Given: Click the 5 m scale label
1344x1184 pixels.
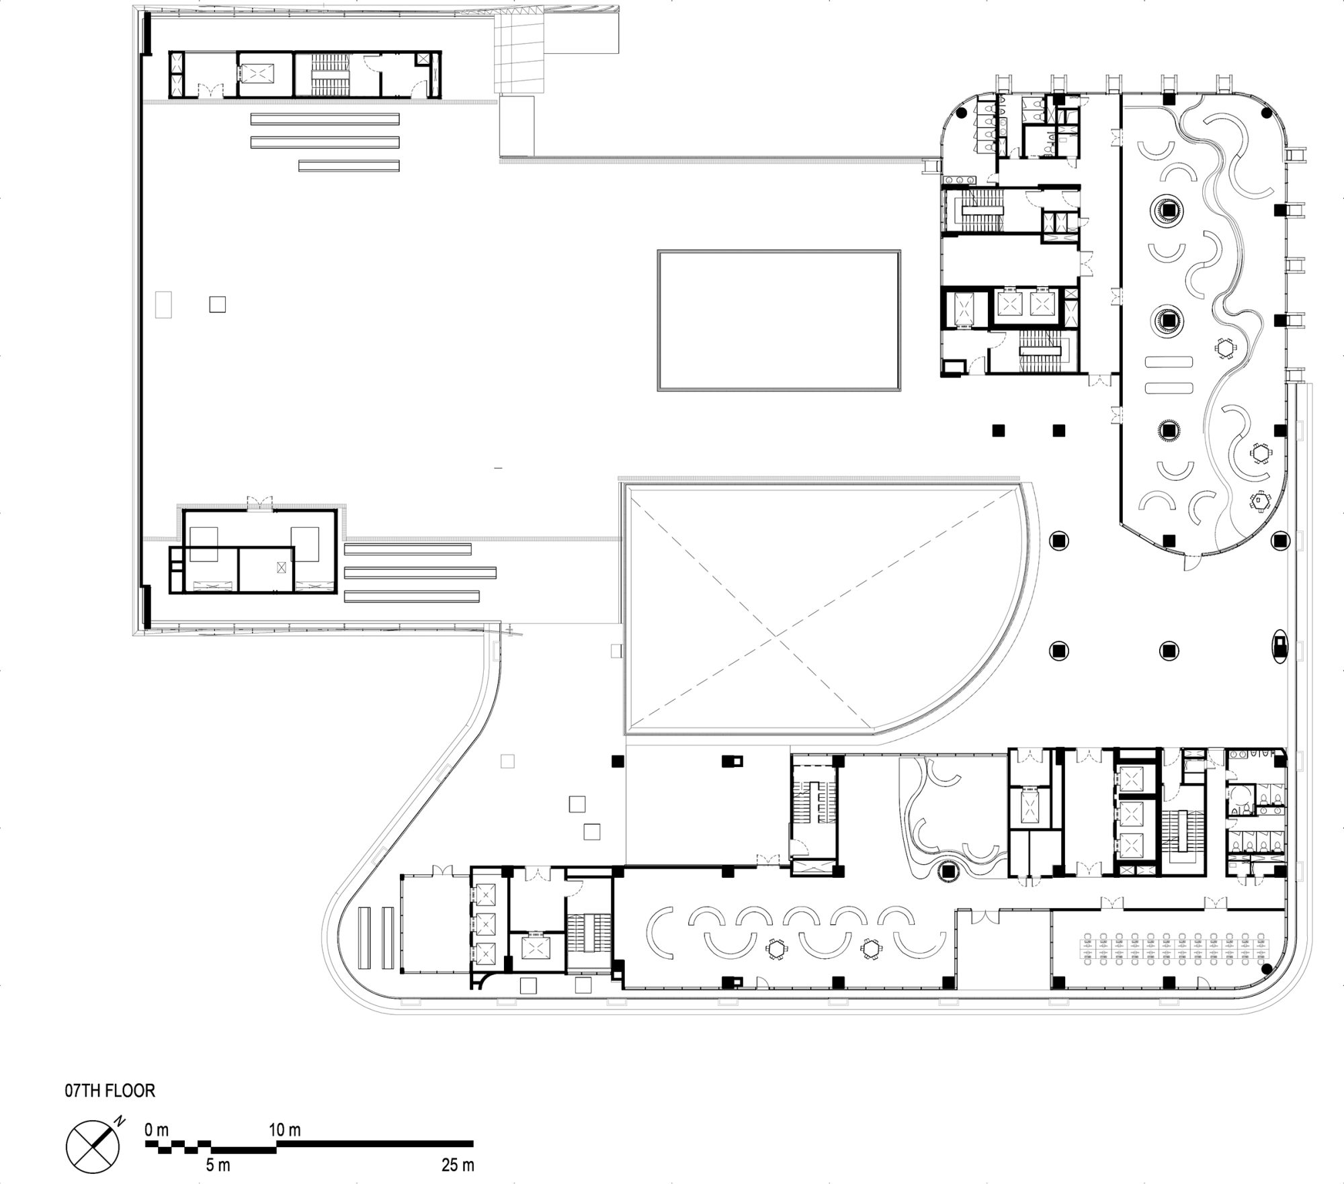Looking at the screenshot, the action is coord(219,1165).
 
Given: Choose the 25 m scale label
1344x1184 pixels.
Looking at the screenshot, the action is coord(458,1165).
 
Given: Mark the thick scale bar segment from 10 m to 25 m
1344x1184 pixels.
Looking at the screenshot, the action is coord(374,1144).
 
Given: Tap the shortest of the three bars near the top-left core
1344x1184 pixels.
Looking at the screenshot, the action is coord(349,165).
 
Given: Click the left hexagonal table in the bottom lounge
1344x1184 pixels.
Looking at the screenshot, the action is coord(775,948).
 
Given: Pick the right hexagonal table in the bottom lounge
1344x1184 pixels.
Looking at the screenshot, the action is coord(870,948).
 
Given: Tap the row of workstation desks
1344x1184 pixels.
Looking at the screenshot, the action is coord(1175,948).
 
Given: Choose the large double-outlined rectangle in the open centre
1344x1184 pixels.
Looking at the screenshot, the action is coord(779,320).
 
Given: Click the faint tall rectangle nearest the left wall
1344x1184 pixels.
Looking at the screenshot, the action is coord(163,304).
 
